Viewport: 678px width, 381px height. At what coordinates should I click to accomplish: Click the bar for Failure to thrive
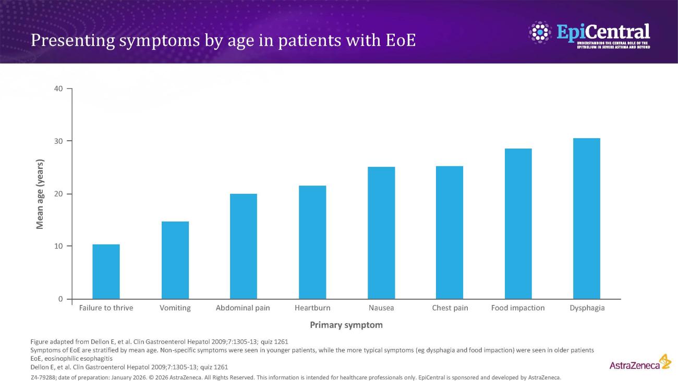pos(106,272)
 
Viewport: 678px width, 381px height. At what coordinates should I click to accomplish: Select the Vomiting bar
pos(175,260)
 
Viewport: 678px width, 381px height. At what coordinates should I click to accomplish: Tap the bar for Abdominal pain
pos(244,246)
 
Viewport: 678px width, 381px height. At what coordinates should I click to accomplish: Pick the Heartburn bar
pos(312,242)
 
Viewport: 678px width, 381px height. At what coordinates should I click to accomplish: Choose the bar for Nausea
pos(381,233)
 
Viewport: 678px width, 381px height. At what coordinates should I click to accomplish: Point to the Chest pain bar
pos(450,232)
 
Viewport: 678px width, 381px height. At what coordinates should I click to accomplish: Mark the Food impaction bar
pos(518,224)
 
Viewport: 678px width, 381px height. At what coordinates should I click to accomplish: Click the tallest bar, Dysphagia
pos(587,218)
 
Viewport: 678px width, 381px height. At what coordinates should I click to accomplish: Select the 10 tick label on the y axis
pos(58,246)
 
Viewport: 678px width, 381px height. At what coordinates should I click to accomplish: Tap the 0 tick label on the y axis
pos(60,299)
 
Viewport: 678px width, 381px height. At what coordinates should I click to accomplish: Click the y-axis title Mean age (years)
pos(40,194)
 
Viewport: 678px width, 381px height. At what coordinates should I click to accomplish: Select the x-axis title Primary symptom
pos(346,325)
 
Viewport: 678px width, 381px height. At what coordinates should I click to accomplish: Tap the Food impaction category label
pos(518,308)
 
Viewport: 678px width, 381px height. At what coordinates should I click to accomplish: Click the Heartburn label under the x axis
pos(312,308)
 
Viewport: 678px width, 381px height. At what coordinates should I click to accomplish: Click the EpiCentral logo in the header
pos(589,34)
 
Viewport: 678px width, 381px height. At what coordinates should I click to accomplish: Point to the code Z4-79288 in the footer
pos(44,377)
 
